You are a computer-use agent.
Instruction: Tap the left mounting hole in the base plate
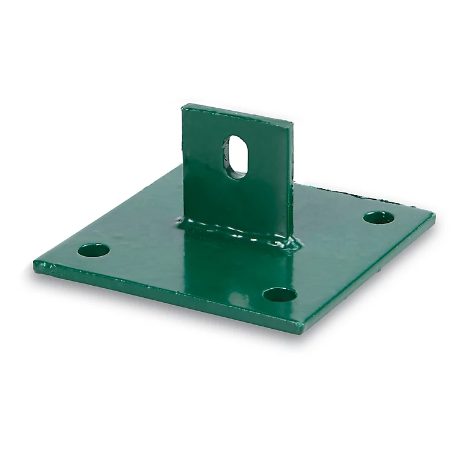tap(94, 249)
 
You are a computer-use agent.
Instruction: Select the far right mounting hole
tap(379, 217)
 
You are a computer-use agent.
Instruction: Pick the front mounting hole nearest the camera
tap(280, 295)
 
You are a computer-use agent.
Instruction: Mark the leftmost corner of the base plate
tap(35, 264)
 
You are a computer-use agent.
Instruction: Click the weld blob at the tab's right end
tap(292, 243)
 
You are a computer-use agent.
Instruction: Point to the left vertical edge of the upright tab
tap(184, 163)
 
